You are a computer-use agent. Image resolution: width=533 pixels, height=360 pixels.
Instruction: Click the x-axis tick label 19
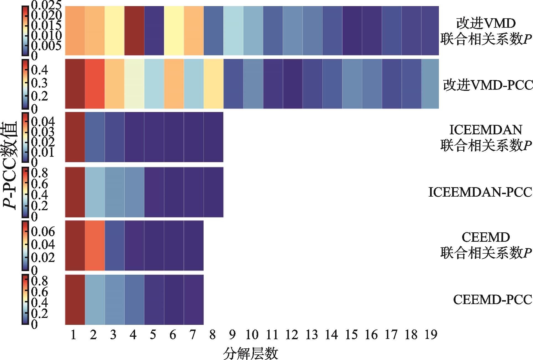point(430,335)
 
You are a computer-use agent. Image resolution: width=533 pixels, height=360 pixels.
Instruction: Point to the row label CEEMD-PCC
point(493,299)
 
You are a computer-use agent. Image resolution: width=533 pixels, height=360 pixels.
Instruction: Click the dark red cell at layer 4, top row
point(134,30)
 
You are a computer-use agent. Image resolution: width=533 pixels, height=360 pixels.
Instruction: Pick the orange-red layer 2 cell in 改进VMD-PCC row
point(95,84)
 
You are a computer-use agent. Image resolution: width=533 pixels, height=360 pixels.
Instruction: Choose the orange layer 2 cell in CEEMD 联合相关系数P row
point(95,245)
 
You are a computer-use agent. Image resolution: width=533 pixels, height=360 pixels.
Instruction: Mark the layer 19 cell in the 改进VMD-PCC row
point(430,84)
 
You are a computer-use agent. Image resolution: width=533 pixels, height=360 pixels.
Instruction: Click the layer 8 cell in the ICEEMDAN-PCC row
point(213,192)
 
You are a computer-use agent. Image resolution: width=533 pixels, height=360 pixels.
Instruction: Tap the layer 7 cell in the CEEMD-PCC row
point(193,299)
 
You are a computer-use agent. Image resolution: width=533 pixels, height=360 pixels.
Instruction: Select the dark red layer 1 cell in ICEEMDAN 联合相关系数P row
point(75,137)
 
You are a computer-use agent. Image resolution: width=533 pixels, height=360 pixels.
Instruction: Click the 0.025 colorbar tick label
point(46,5)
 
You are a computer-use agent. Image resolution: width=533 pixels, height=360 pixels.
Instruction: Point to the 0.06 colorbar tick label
point(43,232)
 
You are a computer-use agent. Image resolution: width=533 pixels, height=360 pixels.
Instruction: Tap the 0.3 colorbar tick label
point(39,83)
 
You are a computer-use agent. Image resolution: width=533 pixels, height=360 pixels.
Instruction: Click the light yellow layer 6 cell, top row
point(174,30)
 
